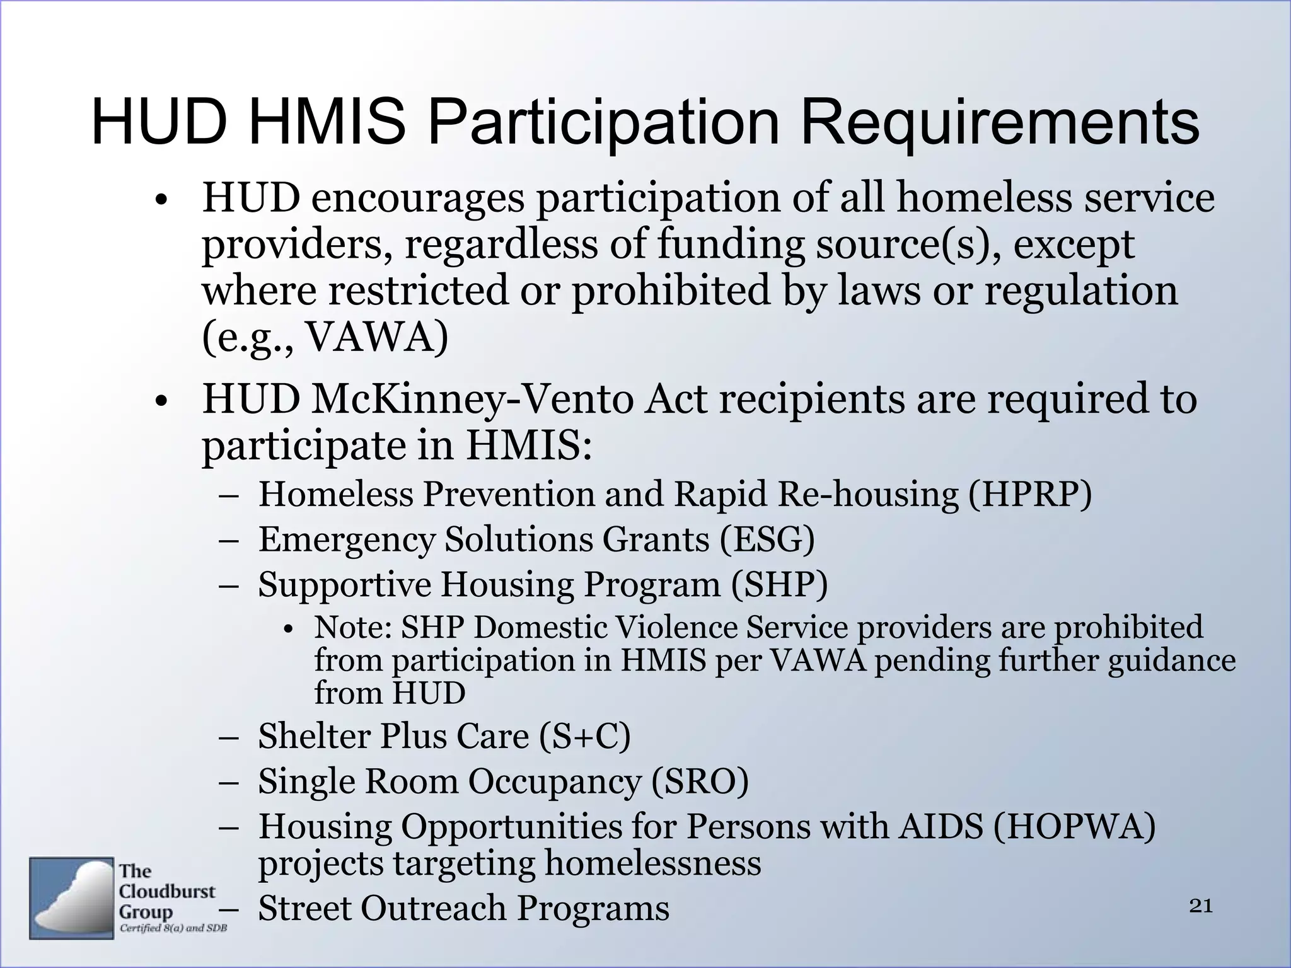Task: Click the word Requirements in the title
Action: (1000, 123)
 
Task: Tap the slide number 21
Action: (1201, 906)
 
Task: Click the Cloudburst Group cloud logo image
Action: (71, 897)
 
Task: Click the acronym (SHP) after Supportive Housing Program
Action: (779, 584)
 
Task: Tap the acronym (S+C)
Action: (585, 736)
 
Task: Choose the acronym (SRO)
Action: (699, 781)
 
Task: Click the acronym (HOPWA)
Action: (1074, 826)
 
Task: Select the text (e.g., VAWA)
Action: (325, 338)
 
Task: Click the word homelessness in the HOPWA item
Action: (652, 863)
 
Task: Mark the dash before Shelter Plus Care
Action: (229, 737)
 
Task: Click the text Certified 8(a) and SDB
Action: (173, 928)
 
